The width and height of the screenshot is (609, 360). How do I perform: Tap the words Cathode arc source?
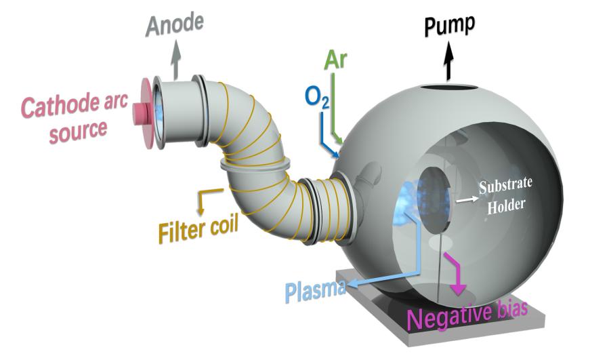pyautogui.click(x=64, y=117)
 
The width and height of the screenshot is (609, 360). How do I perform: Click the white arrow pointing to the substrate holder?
pyautogui.click(x=465, y=200)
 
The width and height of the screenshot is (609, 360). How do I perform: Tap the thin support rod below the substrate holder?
pyautogui.click(x=442, y=264)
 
